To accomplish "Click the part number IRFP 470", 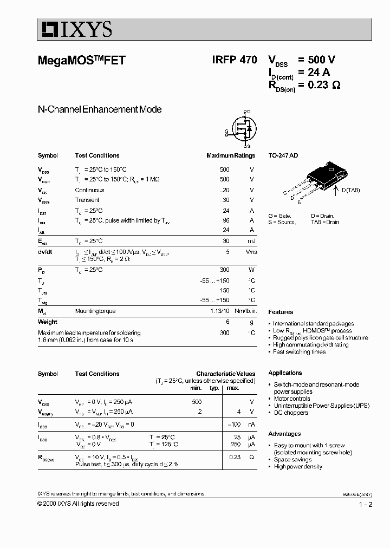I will [x=235, y=61].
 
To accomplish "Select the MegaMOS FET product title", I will [x=82, y=61].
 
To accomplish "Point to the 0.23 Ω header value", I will [x=324, y=84].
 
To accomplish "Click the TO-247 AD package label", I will [x=283, y=155].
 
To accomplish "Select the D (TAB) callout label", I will [x=350, y=190].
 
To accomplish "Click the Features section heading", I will [x=281, y=312].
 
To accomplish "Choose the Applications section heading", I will [x=285, y=373].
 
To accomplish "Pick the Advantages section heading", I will [x=284, y=434].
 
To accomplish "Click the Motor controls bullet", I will [x=292, y=399].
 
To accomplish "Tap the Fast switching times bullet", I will [x=300, y=351].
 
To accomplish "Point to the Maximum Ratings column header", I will [x=230, y=155].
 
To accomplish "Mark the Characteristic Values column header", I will [x=225, y=374].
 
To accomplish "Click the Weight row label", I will [x=48, y=322].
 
